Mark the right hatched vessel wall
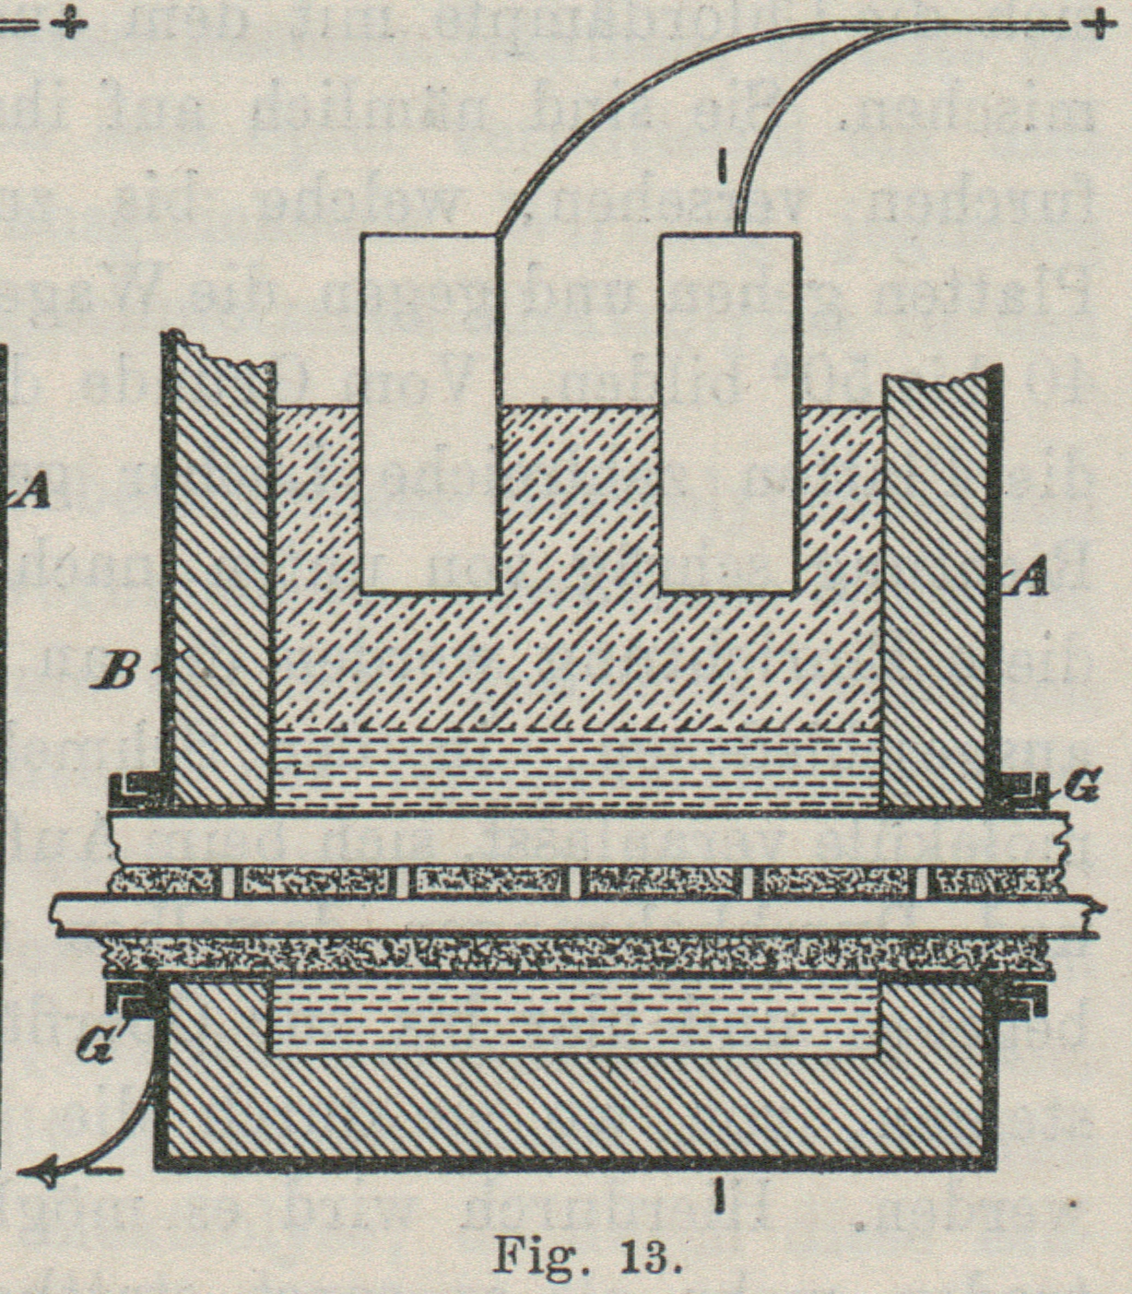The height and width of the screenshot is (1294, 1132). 936,590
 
